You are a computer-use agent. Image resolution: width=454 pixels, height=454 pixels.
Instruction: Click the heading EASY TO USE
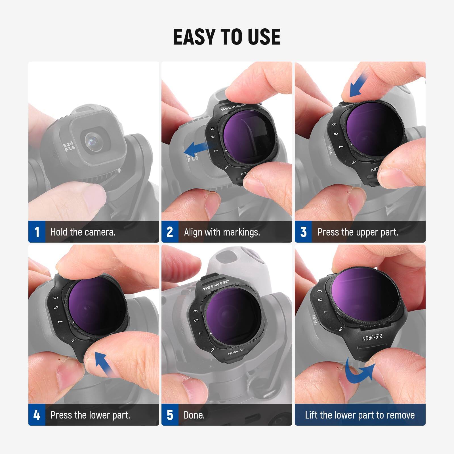click(227, 37)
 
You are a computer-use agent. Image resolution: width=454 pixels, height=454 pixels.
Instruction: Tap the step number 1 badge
click(37, 232)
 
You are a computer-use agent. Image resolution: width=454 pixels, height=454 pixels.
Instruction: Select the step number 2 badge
click(170, 232)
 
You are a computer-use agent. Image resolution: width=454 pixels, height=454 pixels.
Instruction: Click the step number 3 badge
click(303, 232)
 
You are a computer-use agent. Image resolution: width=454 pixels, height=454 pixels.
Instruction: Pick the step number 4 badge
click(37, 415)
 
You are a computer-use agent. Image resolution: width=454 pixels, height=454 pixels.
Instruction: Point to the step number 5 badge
click(170, 415)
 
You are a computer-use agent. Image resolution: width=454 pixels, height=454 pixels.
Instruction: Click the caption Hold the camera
click(83, 232)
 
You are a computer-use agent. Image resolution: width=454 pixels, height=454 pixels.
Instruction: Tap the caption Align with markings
click(222, 232)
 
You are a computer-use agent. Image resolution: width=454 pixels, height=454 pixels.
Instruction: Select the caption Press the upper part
click(358, 232)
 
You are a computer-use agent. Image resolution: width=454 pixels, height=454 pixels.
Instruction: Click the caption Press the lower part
click(90, 415)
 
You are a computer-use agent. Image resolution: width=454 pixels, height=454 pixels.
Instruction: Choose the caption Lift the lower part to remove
click(360, 415)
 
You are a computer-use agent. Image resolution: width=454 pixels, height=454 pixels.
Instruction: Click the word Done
click(194, 415)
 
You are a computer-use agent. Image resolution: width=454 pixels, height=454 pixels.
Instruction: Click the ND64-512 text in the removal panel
click(372, 337)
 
